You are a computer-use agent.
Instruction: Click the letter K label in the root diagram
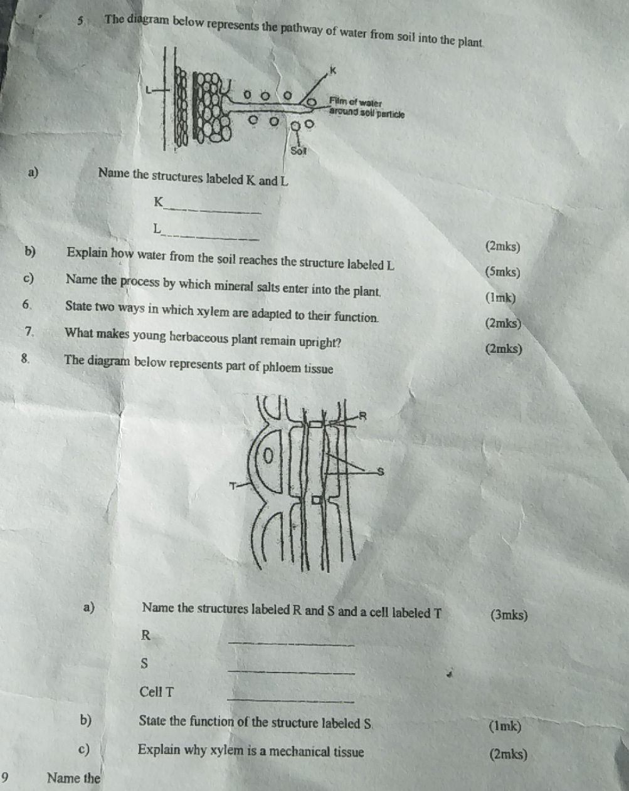(x=333, y=70)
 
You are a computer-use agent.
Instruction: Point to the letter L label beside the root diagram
(x=148, y=90)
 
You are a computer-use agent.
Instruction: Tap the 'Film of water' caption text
(x=356, y=102)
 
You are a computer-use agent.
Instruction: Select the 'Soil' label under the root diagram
(x=299, y=150)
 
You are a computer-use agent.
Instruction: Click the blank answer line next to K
(x=213, y=211)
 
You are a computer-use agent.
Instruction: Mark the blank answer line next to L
(x=210, y=238)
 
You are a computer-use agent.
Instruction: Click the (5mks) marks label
(x=503, y=273)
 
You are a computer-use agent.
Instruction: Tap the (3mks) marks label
(x=509, y=615)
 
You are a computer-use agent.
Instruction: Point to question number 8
(x=25, y=359)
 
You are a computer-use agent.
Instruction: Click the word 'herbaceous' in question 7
(x=199, y=338)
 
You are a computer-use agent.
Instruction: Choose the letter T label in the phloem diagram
(x=233, y=486)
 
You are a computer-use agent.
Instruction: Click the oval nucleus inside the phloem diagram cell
(x=269, y=456)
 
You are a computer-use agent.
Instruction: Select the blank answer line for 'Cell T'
(x=290, y=701)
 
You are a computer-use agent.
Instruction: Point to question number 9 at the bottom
(x=5, y=778)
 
